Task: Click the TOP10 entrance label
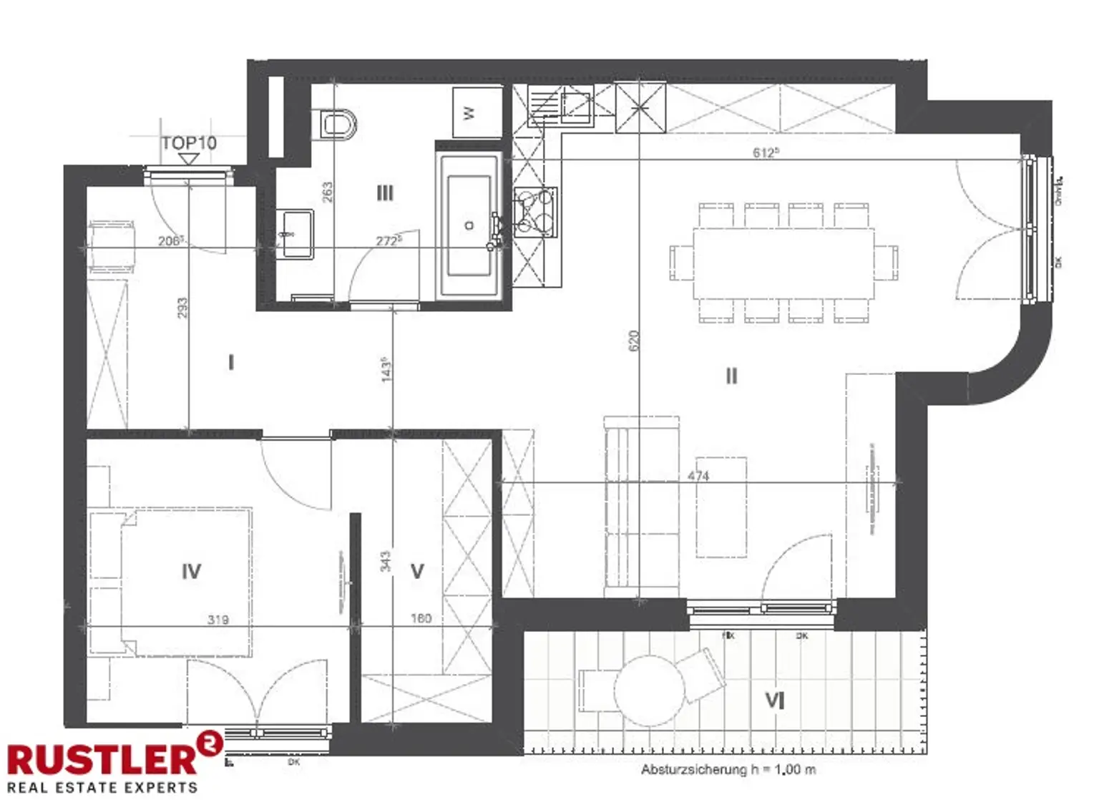pyautogui.click(x=189, y=143)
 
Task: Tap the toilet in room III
pyautogui.click(x=338, y=123)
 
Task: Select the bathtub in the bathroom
pyautogui.click(x=469, y=225)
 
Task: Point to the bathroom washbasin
pyautogui.click(x=295, y=233)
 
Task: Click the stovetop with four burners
pyautogui.click(x=534, y=211)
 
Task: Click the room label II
pyautogui.click(x=731, y=376)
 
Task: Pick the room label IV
pyautogui.click(x=191, y=571)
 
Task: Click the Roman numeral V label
pyautogui.click(x=417, y=571)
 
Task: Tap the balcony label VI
pyautogui.click(x=776, y=700)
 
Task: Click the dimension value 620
pyautogui.click(x=633, y=340)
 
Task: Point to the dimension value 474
pyautogui.click(x=698, y=476)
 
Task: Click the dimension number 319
pyautogui.click(x=218, y=620)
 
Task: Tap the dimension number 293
pyautogui.click(x=182, y=308)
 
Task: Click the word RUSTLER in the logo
pyautogui.click(x=102, y=758)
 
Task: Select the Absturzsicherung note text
pyautogui.click(x=728, y=770)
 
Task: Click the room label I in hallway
pyautogui.click(x=230, y=363)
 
